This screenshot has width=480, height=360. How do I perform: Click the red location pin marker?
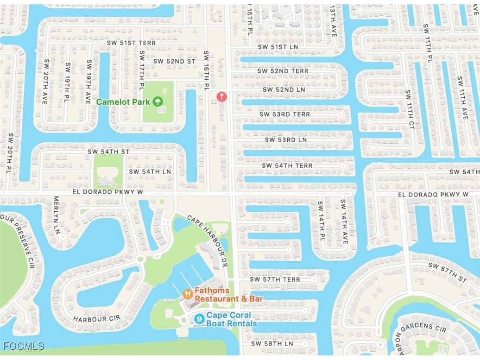coord(222,96)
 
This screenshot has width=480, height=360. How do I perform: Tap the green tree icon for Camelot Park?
coord(158,101)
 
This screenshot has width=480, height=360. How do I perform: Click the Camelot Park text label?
coord(123,101)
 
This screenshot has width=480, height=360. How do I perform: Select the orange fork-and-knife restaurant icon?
coord(188,294)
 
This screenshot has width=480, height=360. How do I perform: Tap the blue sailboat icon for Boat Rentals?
coord(199,319)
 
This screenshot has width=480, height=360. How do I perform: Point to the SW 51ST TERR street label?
coord(131,43)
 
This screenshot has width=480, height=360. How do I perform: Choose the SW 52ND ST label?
coord(175,61)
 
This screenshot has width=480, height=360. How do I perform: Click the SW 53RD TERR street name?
coord(284,114)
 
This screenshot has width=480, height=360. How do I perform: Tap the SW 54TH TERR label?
coord(287,165)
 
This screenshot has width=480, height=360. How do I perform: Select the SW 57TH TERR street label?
coord(275,279)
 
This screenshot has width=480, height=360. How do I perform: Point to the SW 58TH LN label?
coord(272,344)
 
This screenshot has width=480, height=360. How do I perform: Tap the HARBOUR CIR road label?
coord(96,319)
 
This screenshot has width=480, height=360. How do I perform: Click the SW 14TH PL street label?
coord(320,219)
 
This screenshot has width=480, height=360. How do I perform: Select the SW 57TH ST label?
coord(448,272)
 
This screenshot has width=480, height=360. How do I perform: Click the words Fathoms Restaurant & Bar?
coord(228,295)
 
